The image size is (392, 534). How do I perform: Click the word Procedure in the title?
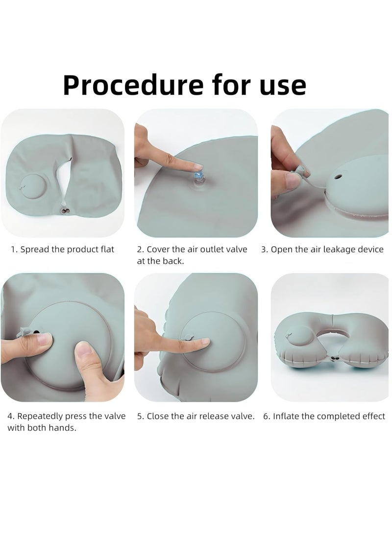pos(133,85)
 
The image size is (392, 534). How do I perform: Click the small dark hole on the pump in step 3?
pos(338,177)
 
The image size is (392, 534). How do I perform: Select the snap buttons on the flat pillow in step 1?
pos(65,211)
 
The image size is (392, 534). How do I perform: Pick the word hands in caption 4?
pos(65,428)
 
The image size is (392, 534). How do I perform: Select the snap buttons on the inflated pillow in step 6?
pos(336,360)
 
